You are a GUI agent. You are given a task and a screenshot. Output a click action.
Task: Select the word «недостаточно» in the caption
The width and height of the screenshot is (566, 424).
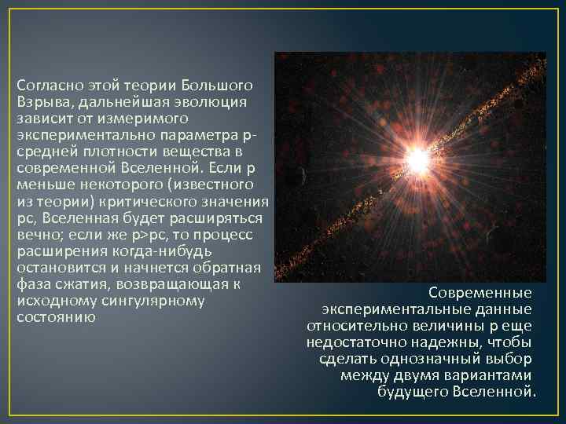(351, 342)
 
